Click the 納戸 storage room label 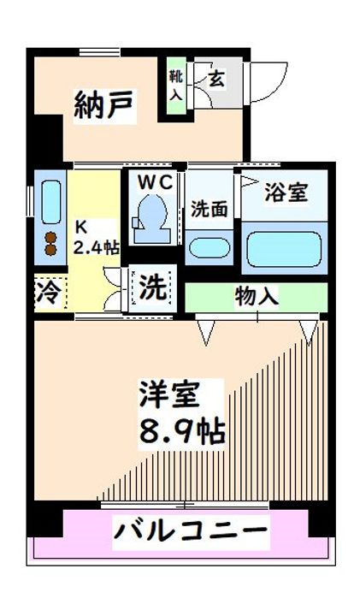pos(103,106)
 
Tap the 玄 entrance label pos(217,80)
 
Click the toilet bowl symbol pos(152,213)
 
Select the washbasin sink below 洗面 pos(209,248)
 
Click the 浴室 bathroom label pos(286,192)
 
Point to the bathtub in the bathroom pos(286,250)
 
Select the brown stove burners pos(50,243)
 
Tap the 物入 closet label pos(257,297)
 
